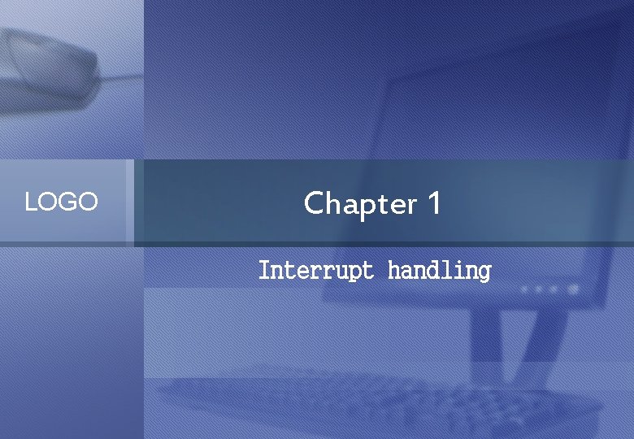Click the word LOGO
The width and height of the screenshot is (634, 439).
coord(61,202)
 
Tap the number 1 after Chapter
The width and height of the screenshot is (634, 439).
coord(433,202)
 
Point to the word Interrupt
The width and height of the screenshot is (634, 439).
coord(315,270)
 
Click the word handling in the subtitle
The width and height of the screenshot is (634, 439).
coord(439,270)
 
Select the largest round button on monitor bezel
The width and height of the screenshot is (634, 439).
coord(574,288)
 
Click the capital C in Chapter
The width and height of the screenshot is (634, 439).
coord(314,202)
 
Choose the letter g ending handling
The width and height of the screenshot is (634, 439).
coord(484,272)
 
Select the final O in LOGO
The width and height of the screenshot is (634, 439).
coord(88,202)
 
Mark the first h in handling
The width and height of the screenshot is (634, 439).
coord(393,269)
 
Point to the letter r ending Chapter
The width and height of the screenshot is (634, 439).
coord(411,205)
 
